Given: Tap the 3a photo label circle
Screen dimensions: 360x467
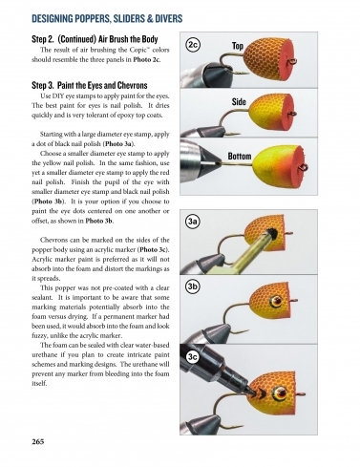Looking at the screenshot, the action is pyautogui.click(x=193, y=221).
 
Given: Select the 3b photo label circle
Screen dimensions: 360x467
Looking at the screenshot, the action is pyautogui.click(x=193, y=286).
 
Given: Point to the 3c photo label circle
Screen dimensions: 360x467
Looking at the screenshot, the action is pyautogui.click(x=193, y=356).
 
